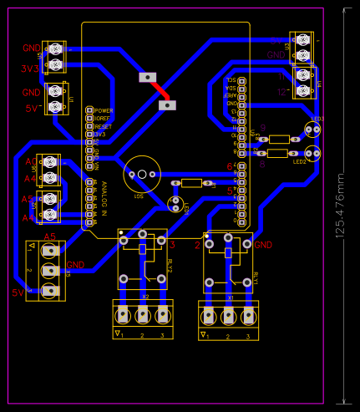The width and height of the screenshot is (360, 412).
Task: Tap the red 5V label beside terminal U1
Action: tap(32, 109)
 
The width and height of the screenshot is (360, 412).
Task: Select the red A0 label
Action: tap(31, 160)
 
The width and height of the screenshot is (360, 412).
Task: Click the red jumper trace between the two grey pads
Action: tap(158, 91)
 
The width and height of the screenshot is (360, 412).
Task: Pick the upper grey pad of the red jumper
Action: tap(148, 77)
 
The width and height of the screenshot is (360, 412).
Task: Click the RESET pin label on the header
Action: tap(104, 126)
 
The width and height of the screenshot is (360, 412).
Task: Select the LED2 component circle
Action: tap(312, 153)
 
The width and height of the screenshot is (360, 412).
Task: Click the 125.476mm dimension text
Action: tap(340, 206)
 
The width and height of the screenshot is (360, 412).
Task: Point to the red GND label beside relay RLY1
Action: tap(264, 245)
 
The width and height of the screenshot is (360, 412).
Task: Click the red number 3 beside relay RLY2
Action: tap(173, 245)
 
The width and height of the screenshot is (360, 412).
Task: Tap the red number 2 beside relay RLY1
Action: tap(197, 245)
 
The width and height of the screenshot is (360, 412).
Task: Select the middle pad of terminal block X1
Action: tap(228, 317)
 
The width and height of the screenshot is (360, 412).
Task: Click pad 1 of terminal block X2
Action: tap(124, 315)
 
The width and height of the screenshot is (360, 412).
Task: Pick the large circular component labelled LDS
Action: tap(142, 175)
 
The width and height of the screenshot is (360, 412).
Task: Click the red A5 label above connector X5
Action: tap(49, 238)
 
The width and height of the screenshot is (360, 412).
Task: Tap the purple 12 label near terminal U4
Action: tap(282, 91)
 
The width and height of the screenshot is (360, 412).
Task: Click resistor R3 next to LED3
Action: tap(280, 139)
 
